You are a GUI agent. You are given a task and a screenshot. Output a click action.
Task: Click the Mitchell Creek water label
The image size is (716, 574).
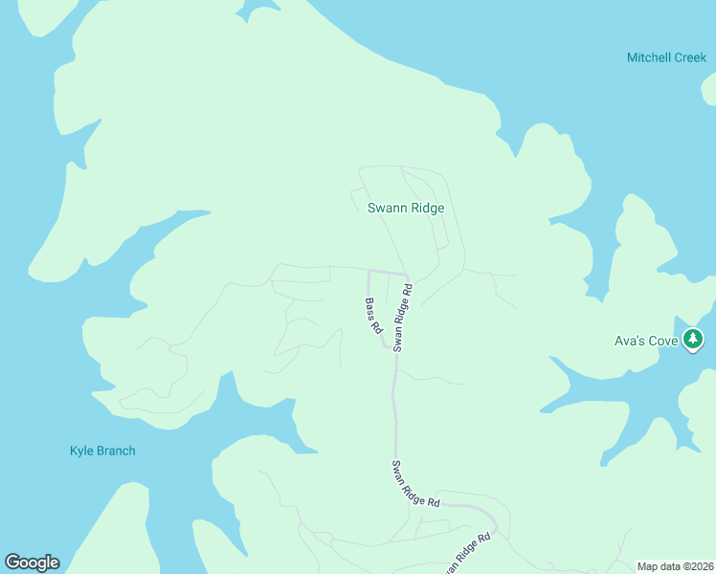pyautogui.click(x=666, y=57)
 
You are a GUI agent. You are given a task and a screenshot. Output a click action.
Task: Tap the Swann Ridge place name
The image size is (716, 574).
pyautogui.click(x=406, y=208)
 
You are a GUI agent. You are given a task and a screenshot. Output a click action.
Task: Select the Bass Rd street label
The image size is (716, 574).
pyautogui.click(x=373, y=315)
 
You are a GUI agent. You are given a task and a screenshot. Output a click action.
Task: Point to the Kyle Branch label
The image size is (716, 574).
pyautogui.click(x=102, y=451)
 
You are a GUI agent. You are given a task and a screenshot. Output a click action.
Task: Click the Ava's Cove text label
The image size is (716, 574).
pyautogui.click(x=646, y=341)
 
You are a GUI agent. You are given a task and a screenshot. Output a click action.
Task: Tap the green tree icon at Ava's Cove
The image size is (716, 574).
pyautogui.click(x=694, y=339)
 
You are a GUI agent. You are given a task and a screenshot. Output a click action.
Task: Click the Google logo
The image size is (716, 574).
pyautogui.click(x=32, y=563)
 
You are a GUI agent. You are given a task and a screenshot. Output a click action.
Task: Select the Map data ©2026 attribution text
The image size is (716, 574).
pyautogui.click(x=676, y=566)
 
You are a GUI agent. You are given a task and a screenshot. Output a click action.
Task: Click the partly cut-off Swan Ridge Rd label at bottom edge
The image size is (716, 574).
pyautogui.click(x=466, y=555)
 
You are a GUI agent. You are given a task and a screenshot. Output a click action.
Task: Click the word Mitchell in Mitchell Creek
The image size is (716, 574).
pyautogui.click(x=648, y=57)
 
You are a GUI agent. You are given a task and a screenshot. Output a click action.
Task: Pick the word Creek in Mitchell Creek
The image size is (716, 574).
pyautogui.click(x=689, y=57)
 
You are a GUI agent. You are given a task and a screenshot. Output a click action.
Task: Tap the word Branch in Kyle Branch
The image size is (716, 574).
pyautogui.click(x=117, y=451)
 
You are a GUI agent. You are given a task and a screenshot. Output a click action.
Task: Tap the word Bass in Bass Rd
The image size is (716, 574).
pyautogui.click(x=370, y=308)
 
